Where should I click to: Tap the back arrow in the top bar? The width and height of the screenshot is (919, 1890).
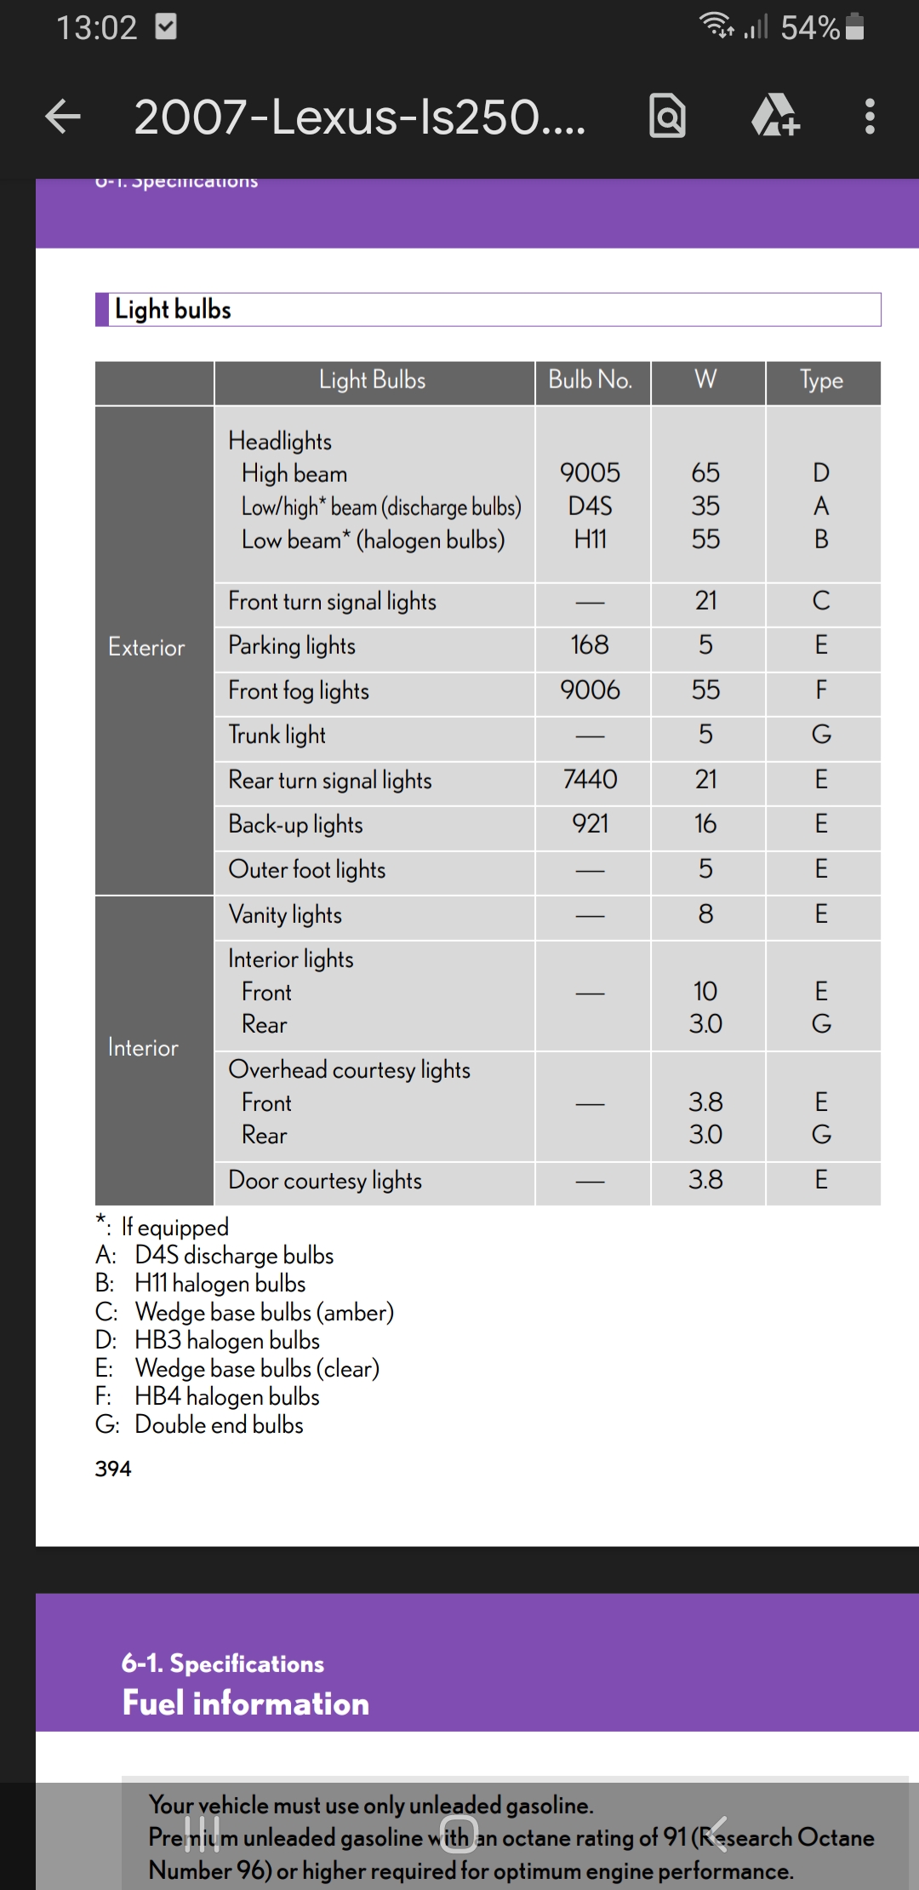64,117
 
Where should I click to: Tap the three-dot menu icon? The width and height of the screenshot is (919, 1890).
869,117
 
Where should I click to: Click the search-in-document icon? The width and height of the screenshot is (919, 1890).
667,117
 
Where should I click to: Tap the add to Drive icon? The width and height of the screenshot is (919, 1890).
775,117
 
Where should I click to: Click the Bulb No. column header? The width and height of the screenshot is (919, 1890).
591,380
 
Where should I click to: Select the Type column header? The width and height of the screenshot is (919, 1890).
821,380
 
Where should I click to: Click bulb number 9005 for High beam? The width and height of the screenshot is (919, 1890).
590,472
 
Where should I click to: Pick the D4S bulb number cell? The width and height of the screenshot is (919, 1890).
590,507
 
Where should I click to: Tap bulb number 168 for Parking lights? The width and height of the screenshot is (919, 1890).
590,645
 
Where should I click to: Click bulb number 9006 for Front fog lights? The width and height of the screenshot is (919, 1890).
590,690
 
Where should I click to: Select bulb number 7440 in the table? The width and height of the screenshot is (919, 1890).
590,780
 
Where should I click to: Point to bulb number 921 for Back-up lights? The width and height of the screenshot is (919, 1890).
590,824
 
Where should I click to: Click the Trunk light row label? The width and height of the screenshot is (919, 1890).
277,735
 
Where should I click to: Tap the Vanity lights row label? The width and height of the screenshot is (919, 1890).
285,915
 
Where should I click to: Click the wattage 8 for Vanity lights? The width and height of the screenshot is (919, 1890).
705,914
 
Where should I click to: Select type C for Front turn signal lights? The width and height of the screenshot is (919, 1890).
821,601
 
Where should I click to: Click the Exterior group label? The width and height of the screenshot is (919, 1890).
146,648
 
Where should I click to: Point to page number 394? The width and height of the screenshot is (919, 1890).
113,1469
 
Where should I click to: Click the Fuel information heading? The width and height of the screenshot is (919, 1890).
246,1704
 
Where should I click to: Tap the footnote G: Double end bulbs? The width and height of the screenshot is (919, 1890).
200,1425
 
